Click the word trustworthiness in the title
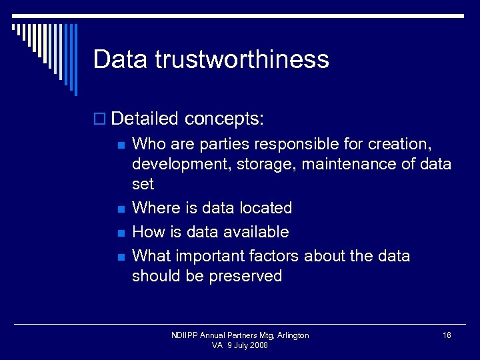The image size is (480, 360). tap(242, 59)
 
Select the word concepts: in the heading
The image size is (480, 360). tap(225, 119)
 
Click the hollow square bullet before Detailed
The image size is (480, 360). tap(100, 120)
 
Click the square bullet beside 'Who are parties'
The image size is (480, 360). tap(120, 144)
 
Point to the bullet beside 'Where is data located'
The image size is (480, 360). tap(120, 209)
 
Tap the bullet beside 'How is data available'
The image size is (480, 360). tap(120, 233)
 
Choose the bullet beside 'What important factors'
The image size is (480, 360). tap(120, 257)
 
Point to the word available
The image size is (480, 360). tap(256, 232)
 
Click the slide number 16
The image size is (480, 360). tap(447, 335)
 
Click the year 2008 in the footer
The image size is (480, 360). tap(258, 345)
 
